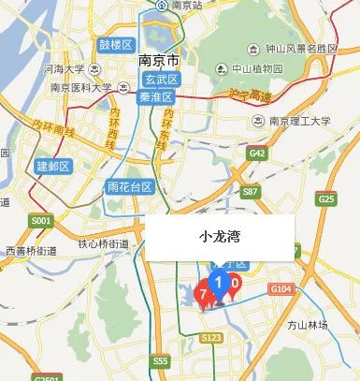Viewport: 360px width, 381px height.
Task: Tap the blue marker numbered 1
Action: [219, 282]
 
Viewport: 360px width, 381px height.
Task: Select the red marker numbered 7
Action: [203, 294]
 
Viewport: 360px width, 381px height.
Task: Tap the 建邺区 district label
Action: [53, 166]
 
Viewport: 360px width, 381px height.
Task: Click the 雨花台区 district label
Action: [130, 186]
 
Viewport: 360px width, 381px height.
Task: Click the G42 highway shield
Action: [258, 154]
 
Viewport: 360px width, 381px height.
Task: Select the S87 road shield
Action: [250, 191]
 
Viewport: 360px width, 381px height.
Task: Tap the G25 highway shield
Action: [325, 198]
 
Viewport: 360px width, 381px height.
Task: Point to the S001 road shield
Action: [39, 221]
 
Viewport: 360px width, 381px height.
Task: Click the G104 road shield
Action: [281, 290]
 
